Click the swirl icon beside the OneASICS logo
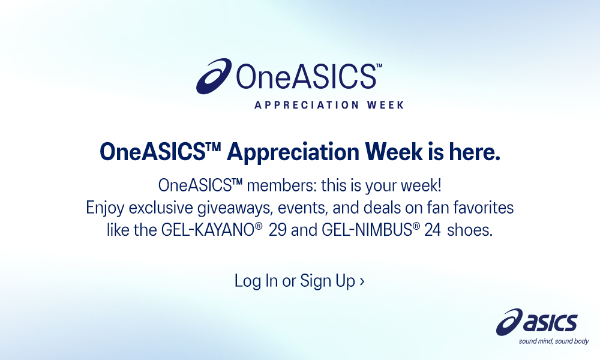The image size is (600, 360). [x=214, y=76]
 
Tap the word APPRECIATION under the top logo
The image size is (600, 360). [x=307, y=105]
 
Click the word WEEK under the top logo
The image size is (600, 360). [x=385, y=105]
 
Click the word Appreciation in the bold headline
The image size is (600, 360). [x=293, y=153]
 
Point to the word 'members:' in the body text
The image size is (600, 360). [x=282, y=185]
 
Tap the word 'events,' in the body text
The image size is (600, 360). [x=303, y=208]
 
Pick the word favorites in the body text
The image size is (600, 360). [x=483, y=208]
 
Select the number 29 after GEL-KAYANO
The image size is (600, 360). [x=277, y=230]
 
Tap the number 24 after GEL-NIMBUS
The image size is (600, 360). [x=433, y=230]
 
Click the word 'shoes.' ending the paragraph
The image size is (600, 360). [x=470, y=230]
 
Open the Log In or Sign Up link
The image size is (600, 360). [x=299, y=281]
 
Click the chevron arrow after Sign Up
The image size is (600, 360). [x=362, y=282]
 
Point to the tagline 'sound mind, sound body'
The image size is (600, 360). [x=554, y=341]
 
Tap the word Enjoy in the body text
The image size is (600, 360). [x=105, y=208]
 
